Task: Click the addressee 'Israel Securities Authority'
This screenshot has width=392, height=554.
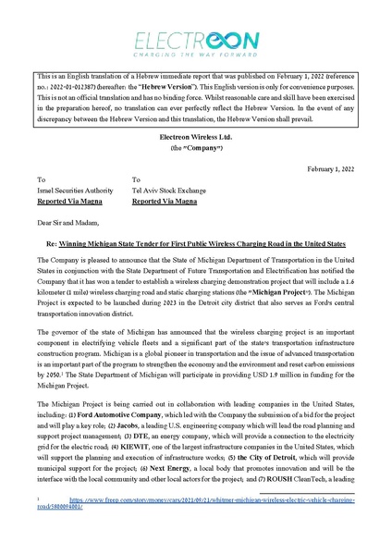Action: pos(75,189)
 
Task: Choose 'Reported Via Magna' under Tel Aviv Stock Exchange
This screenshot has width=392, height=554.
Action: pos(165,199)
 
